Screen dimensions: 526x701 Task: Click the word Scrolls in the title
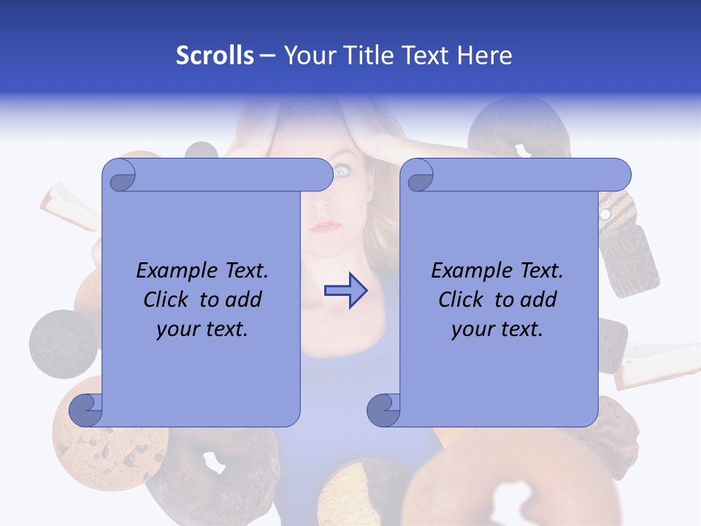tap(215, 55)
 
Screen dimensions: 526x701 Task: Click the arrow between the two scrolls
tap(346, 291)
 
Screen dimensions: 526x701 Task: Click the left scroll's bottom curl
tap(86, 410)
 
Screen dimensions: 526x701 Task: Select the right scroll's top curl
tap(419, 175)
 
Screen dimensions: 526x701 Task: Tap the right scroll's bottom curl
tap(383, 410)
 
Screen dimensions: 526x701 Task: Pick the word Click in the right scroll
tap(461, 300)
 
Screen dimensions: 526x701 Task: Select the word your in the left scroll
tap(178, 329)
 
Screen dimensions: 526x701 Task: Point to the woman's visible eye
tap(342, 172)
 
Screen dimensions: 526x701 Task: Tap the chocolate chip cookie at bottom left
tap(110, 446)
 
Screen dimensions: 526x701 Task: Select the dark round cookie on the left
tap(62, 344)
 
